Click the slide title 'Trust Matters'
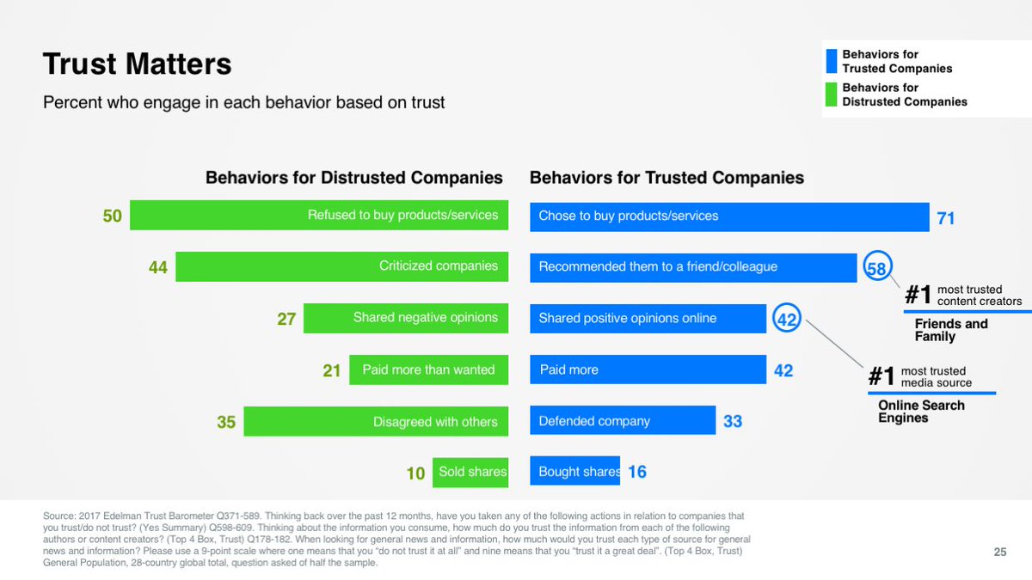[x=137, y=64]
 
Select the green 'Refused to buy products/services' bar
[x=318, y=215]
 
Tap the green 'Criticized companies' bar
[x=341, y=266]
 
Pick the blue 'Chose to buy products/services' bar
[x=729, y=216]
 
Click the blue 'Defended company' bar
[x=623, y=421]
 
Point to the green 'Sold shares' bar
[x=470, y=472]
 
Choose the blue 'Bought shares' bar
[x=574, y=472]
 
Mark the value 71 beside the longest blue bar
[x=946, y=218]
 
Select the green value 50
[x=113, y=217]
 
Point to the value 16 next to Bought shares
[x=637, y=472]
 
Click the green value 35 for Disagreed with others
[x=226, y=423]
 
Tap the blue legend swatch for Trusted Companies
[x=831, y=62]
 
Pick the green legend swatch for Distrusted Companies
[x=831, y=95]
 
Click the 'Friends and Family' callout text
[x=951, y=330]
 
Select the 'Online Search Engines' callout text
[x=921, y=412]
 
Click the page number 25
[x=1000, y=553]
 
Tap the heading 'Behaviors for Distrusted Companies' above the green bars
[x=353, y=178]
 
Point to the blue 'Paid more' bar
[x=648, y=369]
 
